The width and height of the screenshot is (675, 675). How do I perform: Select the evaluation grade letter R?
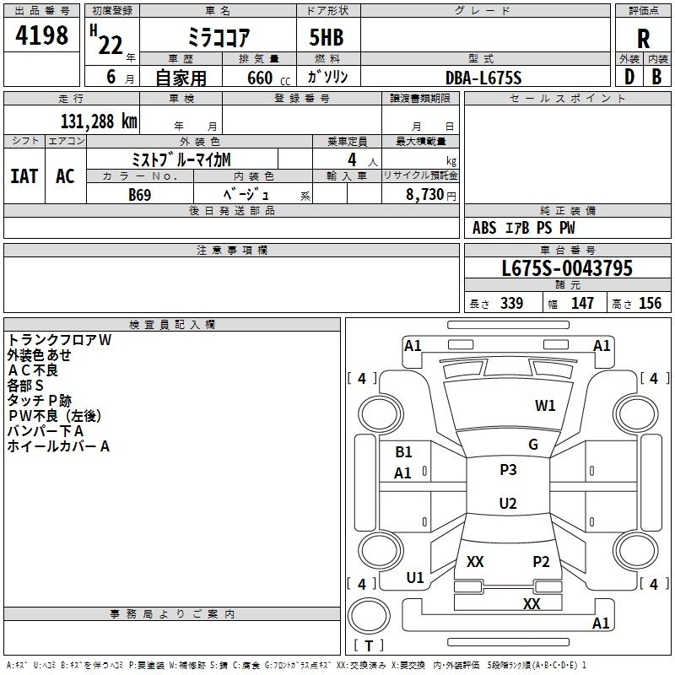pyautogui.click(x=643, y=38)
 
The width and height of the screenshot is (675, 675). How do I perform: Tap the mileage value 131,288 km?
pyautogui.click(x=98, y=121)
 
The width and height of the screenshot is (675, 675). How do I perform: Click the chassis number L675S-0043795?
pyautogui.click(x=567, y=269)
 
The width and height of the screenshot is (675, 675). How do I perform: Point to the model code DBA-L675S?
pyautogui.click(x=483, y=78)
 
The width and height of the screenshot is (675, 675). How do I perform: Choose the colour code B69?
pyautogui.click(x=140, y=194)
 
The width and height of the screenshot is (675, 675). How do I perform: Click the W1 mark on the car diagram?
pyautogui.click(x=545, y=406)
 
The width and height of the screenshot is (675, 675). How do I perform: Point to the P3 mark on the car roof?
pyautogui.click(x=508, y=470)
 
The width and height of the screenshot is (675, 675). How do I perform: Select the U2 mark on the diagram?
pyautogui.click(x=508, y=504)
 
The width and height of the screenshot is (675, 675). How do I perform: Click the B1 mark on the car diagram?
pyautogui.click(x=403, y=452)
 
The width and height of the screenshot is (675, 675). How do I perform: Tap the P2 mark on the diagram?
pyautogui.click(x=541, y=562)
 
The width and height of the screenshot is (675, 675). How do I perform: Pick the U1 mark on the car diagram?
pyautogui.click(x=415, y=578)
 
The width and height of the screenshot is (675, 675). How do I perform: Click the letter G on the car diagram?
pyautogui.click(x=533, y=445)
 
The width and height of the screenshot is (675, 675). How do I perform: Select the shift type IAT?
pyautogui.click(x=24, y=176)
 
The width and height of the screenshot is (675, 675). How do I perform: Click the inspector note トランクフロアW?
pyautogui.click(x=59, y=340)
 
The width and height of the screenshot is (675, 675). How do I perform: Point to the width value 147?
pyautogui.click(x=582, y=304)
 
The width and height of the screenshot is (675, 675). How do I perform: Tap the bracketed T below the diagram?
pyautogui.click(x=369, y=646)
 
